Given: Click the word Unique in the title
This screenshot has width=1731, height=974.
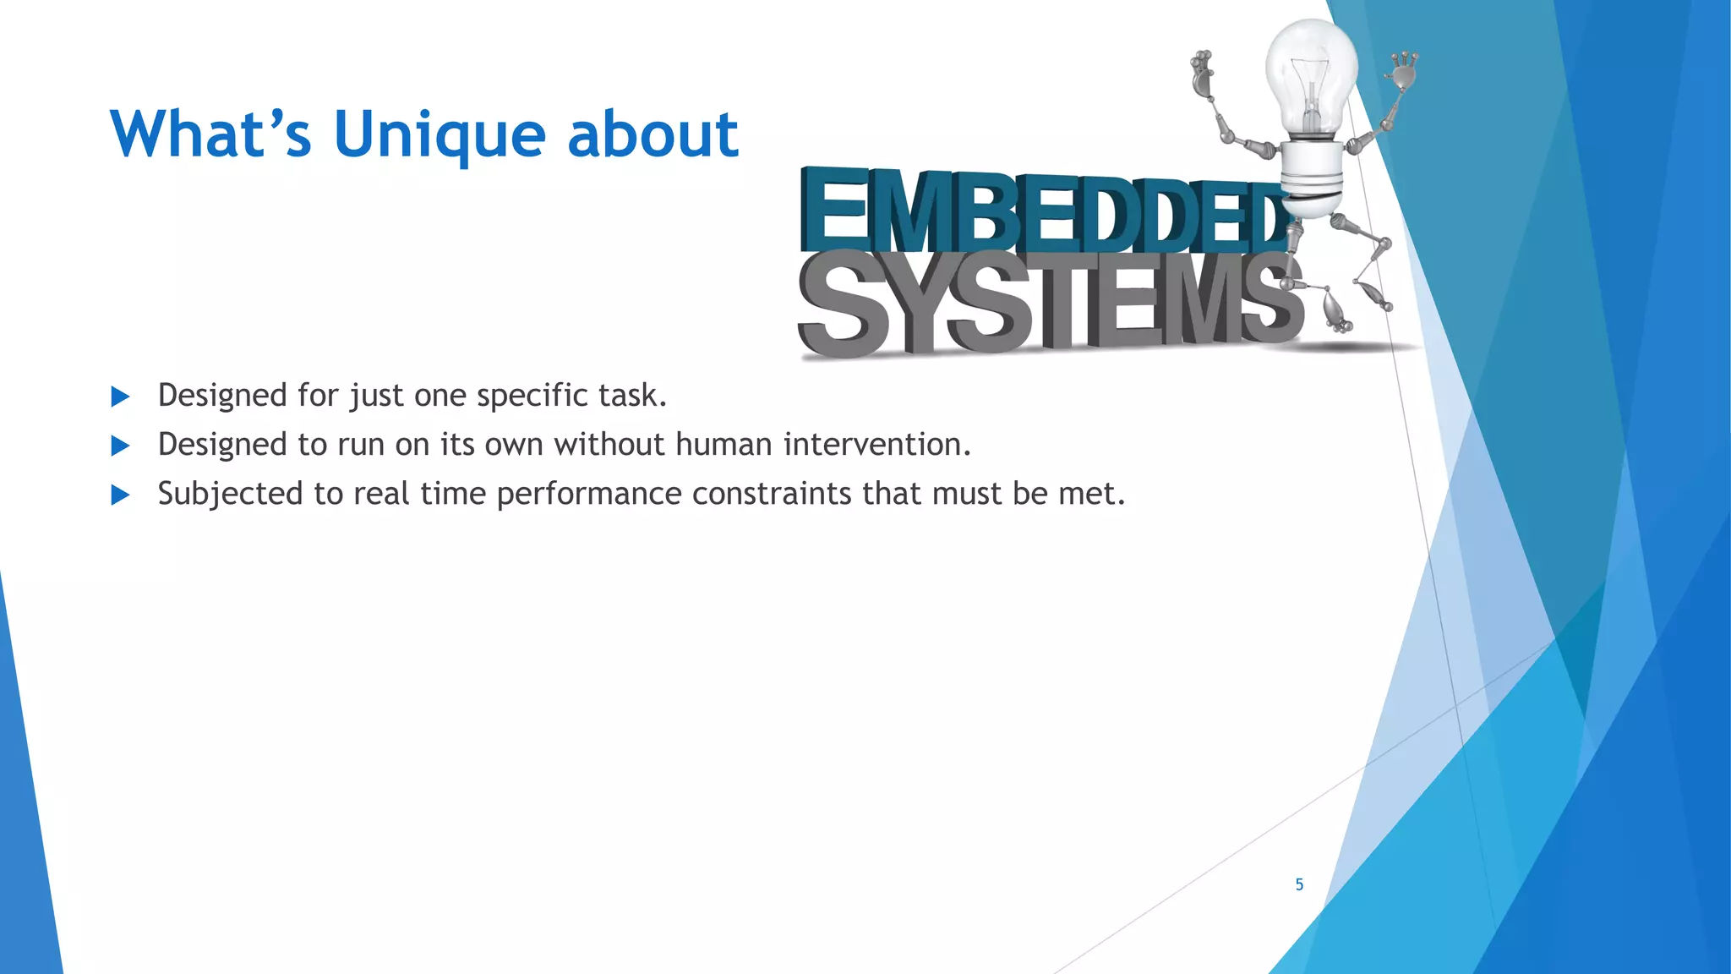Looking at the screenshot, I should (x=440, y=135).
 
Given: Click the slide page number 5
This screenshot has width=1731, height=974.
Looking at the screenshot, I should (x=1299, y=884).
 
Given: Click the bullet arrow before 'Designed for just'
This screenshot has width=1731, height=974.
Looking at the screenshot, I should (x=120, y=397).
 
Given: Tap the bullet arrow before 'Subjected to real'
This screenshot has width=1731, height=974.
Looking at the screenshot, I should (x=120, y=495).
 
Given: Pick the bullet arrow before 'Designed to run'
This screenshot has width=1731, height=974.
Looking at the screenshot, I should (x=120, y=446).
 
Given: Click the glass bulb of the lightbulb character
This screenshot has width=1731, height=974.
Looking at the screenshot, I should (x=1311, y=72).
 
